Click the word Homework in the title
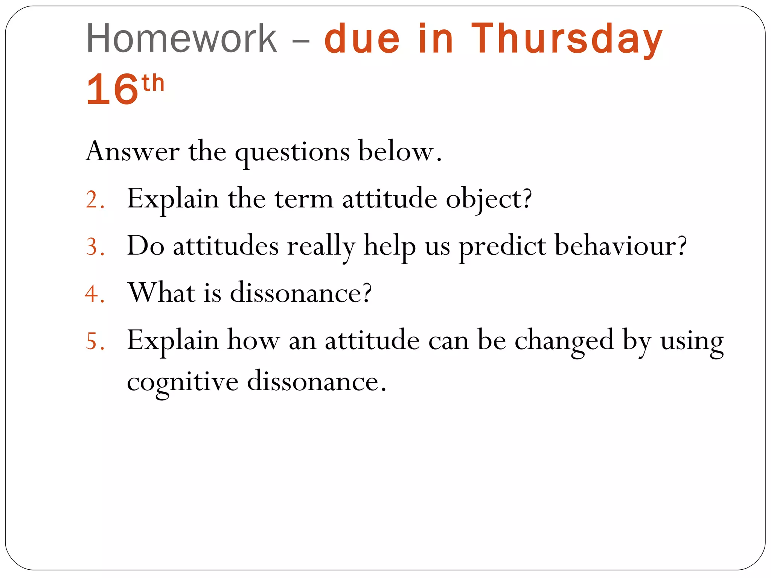181,38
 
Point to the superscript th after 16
153,83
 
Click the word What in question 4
162,292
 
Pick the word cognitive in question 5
183,382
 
